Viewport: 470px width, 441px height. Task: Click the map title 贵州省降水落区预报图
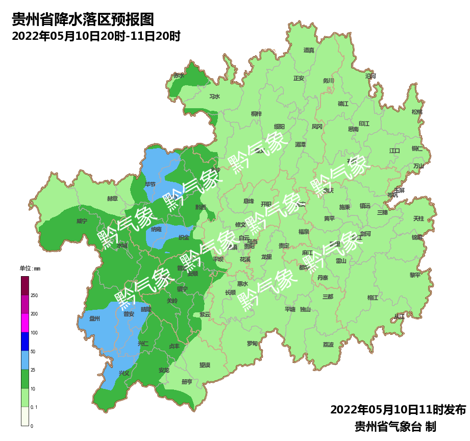point(83,20)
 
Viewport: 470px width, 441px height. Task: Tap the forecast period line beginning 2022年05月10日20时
point(96,37)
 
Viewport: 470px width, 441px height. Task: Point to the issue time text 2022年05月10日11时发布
point(398,410)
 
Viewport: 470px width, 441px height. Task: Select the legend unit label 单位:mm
point(30,268)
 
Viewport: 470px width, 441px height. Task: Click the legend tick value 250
point(34,296)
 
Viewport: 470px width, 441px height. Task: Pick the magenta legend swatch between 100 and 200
point(25,323)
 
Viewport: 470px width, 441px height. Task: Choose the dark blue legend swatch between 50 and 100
point(25,341)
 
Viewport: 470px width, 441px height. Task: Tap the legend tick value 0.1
point(34,407)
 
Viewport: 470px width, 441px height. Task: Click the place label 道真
point(309,50)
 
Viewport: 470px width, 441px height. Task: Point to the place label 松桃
point(417,112)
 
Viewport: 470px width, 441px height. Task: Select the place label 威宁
point(82,221)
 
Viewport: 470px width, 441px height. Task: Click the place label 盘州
point(94,318)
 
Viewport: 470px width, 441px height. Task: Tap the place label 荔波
point(328,345)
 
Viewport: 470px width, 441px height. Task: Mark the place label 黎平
point(415,275)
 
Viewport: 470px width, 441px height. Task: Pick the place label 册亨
point(187,381)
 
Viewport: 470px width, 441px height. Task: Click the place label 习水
point(214,96)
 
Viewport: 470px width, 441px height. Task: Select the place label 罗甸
point(252,344)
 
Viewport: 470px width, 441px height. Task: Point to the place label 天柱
point(418,218)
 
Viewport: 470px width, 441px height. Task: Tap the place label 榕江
point(373,298)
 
